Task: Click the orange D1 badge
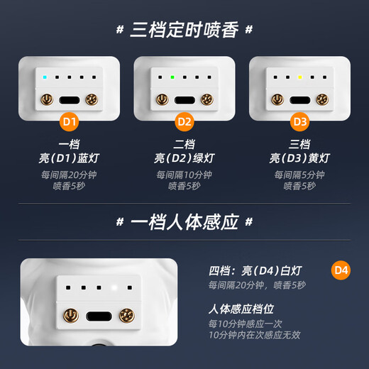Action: tap(69, 121)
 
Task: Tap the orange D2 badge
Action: tap(184, 121)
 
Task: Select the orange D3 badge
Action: tap(299, 121)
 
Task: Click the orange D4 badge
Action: tap(341, 270)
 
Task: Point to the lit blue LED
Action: tap(45, 77)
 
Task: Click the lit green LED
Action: tap(171, 77)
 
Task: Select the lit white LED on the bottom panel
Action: tap(114, 287)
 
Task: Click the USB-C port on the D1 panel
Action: tap(70, 99)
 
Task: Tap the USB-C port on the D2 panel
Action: tap(184, 99)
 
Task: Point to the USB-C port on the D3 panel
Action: tap(300, 99)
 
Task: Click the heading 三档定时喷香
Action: tap(184, 30)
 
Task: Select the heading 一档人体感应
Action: tap(184, 222)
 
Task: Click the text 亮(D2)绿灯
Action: tap(184, 158)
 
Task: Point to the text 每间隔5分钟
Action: tap(300, 175)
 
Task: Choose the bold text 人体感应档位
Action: tap(241, 309)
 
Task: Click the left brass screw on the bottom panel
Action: tap(70, 314)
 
